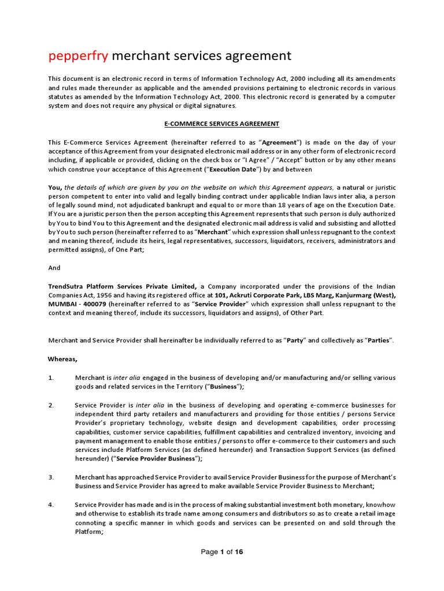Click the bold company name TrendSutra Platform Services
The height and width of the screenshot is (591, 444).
click(x=116, y=286)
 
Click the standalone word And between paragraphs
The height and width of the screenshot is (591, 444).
click(x=54, y=268)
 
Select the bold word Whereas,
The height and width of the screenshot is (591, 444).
click(x=62, y=359)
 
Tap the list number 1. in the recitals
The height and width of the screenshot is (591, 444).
click(x=51, y=377)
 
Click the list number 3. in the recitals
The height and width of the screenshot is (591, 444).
click(x=51, y=477)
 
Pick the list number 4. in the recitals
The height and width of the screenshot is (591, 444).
click(x=51, y=505)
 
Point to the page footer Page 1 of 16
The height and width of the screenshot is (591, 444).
click(x=222, y=552)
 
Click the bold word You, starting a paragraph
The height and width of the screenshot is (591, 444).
click(x=55, y=187)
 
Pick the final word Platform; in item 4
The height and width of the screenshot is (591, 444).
click(x=89, y=532)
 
